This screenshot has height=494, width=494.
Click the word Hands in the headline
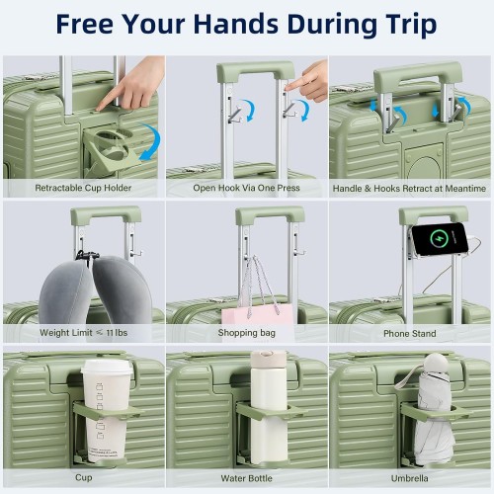[237, 24]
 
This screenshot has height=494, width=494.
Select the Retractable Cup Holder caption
[83, 188]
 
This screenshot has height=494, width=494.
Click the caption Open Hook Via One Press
[246, 188]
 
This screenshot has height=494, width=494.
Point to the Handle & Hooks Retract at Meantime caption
[409, 189]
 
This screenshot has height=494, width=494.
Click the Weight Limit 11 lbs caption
[83, 333]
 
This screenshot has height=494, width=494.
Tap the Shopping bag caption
[247, 333]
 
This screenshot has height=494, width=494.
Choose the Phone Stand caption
[410, 334]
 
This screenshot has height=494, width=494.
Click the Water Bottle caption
[247, 478]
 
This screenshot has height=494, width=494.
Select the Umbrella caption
[410, 478]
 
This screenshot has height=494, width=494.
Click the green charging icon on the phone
[440, 238]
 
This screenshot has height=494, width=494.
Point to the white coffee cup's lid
[107, 367]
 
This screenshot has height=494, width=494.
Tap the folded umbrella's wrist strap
[407, 376]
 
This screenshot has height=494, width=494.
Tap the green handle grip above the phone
[434, 214]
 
